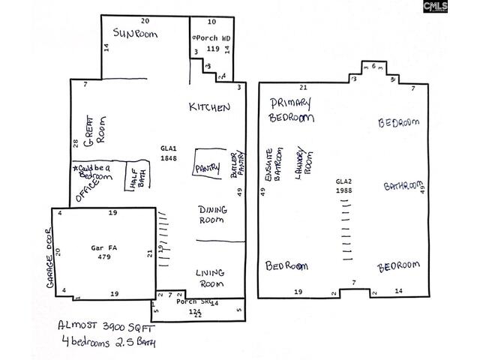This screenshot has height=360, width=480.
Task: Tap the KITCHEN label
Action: point(209,108)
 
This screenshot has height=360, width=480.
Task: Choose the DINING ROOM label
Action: point(212,214)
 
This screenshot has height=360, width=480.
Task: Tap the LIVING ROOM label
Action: point(211,278)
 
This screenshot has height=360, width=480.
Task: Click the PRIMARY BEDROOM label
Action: point(290,109)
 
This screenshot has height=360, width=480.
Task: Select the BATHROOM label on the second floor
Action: point(402,186)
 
